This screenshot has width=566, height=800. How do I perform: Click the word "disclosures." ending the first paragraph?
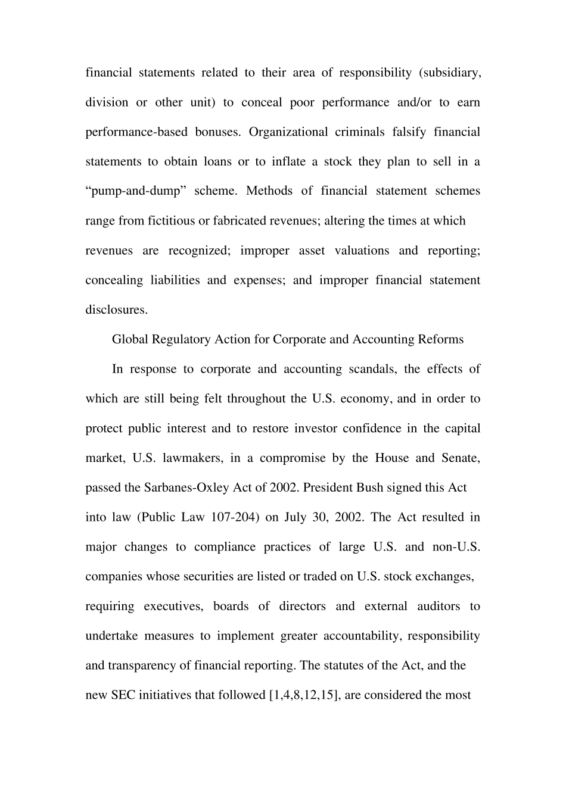click(116, 310)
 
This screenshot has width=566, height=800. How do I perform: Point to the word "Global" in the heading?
click(130, 340)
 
